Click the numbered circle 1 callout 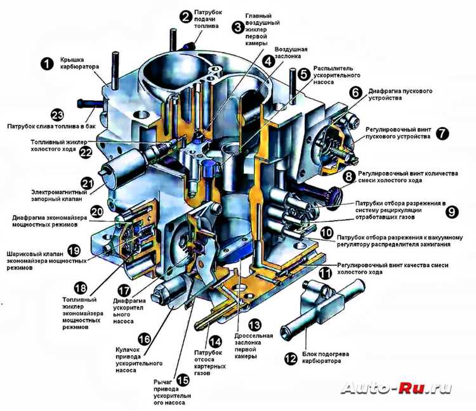tap(47, 63)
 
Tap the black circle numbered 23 tap(57, 115)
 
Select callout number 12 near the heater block tap(291, 358)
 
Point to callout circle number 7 tap(442, 133)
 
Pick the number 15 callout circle tap(183, 381)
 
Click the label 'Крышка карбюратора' tap(79, 63)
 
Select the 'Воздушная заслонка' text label tap(291, 53)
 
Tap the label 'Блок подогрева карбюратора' tap(322, 358)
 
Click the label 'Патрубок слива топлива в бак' tap(51, 126)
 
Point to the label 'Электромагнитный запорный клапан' tap(59, 195)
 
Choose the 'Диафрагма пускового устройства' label tap(400, 95)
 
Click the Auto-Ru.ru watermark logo tap(396, 388)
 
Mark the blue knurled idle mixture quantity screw tap(333, 197)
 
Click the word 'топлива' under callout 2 tap(206, 26)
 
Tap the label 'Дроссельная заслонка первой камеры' tap(253, 346)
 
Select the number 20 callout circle tap(97, 211)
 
